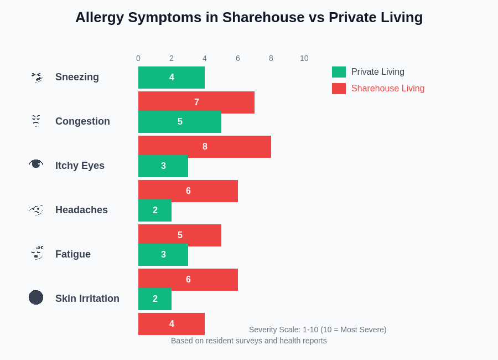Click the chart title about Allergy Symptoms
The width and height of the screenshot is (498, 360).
[249, 17]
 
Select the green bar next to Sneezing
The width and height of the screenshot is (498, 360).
[172, 78]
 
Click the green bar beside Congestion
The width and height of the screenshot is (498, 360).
[180, 122]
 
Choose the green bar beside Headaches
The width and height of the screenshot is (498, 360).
[155, 211]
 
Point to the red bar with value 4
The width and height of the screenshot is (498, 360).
[172, 324]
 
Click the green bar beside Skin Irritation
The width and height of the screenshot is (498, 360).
[155, 299]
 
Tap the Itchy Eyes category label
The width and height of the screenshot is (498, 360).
[80, 166]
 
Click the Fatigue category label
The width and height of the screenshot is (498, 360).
[72, 254]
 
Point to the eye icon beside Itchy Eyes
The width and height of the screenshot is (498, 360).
[36, 164]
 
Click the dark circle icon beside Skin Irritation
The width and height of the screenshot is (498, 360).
[36, 297]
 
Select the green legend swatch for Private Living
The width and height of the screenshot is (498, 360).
[339, 72]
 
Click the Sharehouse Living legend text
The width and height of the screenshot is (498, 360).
[388, 89]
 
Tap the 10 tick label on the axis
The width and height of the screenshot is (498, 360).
[304, 58]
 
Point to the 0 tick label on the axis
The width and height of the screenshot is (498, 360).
[138, 58]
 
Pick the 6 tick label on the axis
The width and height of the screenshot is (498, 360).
[238, 58]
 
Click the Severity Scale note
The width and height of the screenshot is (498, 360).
[318, 330]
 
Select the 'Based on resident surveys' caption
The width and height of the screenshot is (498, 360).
[249, 341]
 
